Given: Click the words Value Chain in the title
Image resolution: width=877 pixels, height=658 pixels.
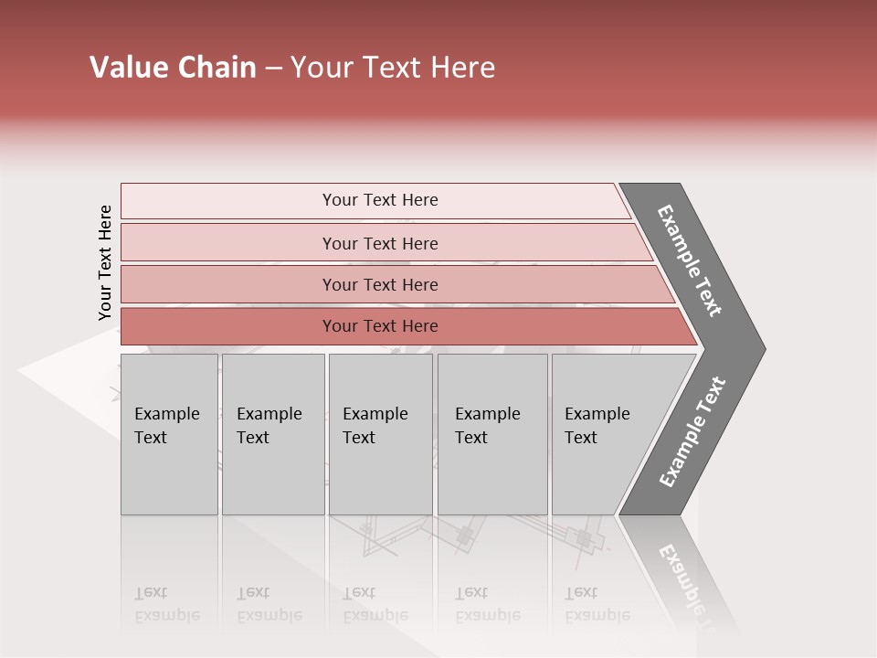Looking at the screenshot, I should [173, 68].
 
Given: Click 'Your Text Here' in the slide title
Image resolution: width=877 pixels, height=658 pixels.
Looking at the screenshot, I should [393, 68].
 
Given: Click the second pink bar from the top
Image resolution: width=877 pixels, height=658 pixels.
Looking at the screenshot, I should [379, 243].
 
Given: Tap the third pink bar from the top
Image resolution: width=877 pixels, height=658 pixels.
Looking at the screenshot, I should [379, 284].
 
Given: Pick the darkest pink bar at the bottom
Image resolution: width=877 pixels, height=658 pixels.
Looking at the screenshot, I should [379, 326].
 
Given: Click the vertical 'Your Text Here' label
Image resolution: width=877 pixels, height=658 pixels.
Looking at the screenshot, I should [105, 263].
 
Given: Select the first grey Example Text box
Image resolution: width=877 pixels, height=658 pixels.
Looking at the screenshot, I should [169, 433].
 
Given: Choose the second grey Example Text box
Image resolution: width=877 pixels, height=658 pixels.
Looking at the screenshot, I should [272, 433].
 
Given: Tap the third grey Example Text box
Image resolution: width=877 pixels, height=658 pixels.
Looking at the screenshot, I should [380, 433].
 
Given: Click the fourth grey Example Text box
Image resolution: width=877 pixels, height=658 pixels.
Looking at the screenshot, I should [491, 433].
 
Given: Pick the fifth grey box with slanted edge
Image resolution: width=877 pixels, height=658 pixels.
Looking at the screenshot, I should [603, 433].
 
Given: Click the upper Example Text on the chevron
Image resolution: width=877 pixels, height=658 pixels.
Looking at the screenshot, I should [690, 260].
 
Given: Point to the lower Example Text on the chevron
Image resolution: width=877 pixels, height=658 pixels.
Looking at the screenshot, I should [692, 432].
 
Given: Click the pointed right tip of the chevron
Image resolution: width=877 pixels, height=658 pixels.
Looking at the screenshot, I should [760, 348].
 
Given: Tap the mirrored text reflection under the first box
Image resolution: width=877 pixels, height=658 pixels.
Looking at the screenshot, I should [166, 605].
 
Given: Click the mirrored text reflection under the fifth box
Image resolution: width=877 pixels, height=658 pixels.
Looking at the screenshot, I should [597, 605].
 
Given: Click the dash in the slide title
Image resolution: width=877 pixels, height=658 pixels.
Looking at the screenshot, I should [272, 69].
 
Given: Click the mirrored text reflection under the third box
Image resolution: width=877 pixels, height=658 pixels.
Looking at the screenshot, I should [375, 605].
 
